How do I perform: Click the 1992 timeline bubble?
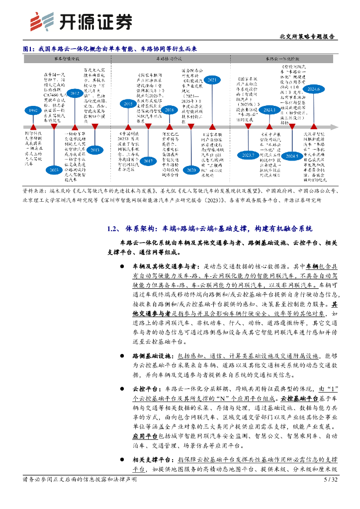point(33,110)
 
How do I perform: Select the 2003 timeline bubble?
point(54,170)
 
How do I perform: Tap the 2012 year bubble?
point(76,93)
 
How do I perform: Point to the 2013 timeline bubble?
point(94,150)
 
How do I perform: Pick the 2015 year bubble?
point(126,103)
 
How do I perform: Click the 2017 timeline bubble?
point(148,161)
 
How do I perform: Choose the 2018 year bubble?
point(169,110)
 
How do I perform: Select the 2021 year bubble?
point(211,80)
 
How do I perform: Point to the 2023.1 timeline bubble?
point(270,110)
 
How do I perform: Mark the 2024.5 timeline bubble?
point(292,156)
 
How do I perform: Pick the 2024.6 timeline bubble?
point(314,89)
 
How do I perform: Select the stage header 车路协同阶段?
point(169,58)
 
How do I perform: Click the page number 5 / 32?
point(330,480)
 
